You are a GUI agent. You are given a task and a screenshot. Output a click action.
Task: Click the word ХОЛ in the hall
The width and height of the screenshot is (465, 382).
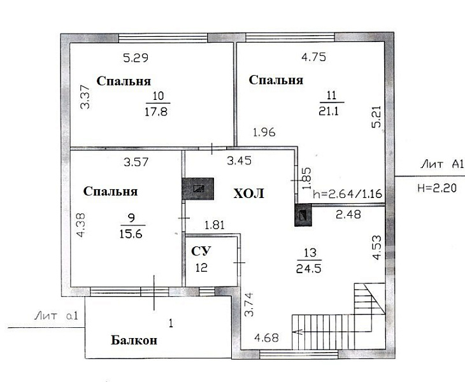pos(248,194)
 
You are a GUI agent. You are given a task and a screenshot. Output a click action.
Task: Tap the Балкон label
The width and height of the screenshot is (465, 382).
pos(134,340)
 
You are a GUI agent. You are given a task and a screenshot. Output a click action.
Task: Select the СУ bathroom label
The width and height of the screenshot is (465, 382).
pos(201,251)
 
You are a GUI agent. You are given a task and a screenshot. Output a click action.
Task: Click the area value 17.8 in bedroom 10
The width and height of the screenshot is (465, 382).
pos(156,111)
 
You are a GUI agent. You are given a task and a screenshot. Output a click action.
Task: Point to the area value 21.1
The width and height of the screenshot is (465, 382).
pos(328,111)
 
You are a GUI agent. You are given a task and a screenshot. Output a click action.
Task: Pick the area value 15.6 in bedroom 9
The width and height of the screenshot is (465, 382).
pos(131,234)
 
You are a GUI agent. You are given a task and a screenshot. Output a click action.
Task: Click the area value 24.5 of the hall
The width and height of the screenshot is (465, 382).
pos(309,269)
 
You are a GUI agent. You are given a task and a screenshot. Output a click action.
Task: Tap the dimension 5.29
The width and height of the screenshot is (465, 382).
pos(136,57)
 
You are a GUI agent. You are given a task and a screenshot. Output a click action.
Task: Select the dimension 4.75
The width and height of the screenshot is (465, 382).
pos(313,57)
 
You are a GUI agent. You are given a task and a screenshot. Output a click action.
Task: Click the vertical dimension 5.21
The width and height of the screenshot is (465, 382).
pos(376,117)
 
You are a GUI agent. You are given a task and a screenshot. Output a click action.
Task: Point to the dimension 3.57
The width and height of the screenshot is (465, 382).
pos(136,162)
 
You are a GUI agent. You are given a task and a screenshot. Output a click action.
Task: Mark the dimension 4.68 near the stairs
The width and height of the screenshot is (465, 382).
pos(267,338)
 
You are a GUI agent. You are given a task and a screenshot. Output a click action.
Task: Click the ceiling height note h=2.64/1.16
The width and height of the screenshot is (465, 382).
pos(347,194)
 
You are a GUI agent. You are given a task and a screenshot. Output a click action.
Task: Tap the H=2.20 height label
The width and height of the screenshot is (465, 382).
pos(437,188)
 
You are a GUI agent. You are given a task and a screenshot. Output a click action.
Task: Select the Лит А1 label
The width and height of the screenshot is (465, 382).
pos(442,164)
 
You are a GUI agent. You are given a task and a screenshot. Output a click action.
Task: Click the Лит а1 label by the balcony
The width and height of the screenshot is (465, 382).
pos(56,316)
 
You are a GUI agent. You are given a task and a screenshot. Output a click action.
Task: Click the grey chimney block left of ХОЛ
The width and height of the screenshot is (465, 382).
pos(198,188)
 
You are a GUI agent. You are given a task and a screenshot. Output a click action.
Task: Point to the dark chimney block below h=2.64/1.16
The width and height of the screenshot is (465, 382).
pos(303,215)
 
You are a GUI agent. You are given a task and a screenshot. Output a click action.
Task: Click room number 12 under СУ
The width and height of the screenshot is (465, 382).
pos(201,268)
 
